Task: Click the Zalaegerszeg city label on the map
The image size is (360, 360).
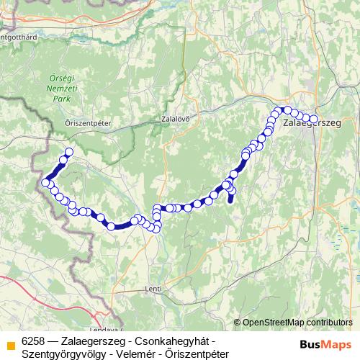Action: (x=312, y=124)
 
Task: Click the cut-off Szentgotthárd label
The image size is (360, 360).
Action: (x=19, y=35)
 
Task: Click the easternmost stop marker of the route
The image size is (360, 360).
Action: (x=313, y=120)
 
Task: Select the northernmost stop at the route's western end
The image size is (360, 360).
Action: (x=70, y=152)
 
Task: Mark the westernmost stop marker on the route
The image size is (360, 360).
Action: (x=45, y=183)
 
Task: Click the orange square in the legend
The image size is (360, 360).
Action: (x=9, y=342)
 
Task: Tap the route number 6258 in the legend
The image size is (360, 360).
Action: (x=34, y=340)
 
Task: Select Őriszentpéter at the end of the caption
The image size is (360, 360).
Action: (x=194, y=354)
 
